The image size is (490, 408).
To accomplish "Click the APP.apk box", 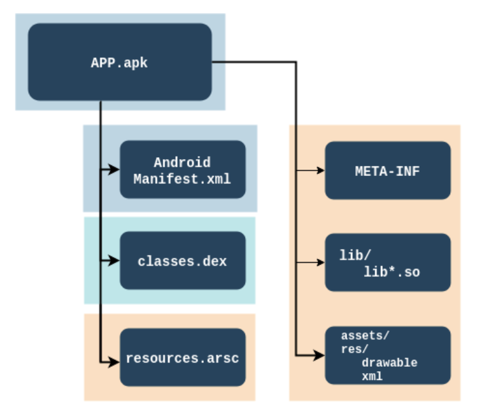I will pyautogui.click(x=120, y=62).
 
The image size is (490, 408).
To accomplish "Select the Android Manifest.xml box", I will pyautogui.click(x=182, y=170).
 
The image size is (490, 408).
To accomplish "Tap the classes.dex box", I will pyautogui.click(x=182, y=261).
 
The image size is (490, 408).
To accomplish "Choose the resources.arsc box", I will pyautogui.click(x=182, y=358).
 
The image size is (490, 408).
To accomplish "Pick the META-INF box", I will pyautogui.click(x=387, y=170).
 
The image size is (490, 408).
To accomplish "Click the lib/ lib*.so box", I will pyautogui.click(x=387, y=263).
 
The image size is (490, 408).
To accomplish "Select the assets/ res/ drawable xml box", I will pyautogui.click(x=387, y=355).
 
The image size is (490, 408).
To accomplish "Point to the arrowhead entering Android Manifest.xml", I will pyautogui.click(x=114, y=170).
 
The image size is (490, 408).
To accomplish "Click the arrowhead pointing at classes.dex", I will pyautogui.click(x=114, y=261).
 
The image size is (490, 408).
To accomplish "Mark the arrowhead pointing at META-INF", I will pyautogui.click(x=320, y=170).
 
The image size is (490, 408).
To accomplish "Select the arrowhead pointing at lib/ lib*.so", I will pyautogui.click(x=320, y=263).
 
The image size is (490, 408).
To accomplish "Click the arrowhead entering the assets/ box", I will pyautogui.click(x=320, y=356).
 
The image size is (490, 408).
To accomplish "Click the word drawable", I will pyautogui.click(x=389, y=362).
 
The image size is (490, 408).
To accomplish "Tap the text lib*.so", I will pyautogui.click(x=392, y=272).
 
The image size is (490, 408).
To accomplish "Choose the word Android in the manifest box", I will pyautogui.click(x=182, y=162).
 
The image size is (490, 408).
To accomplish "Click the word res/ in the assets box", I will pyautogui.click(x=353, y=349).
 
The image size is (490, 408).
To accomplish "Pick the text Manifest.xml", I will pyautogui.click(x=182, y=178).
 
